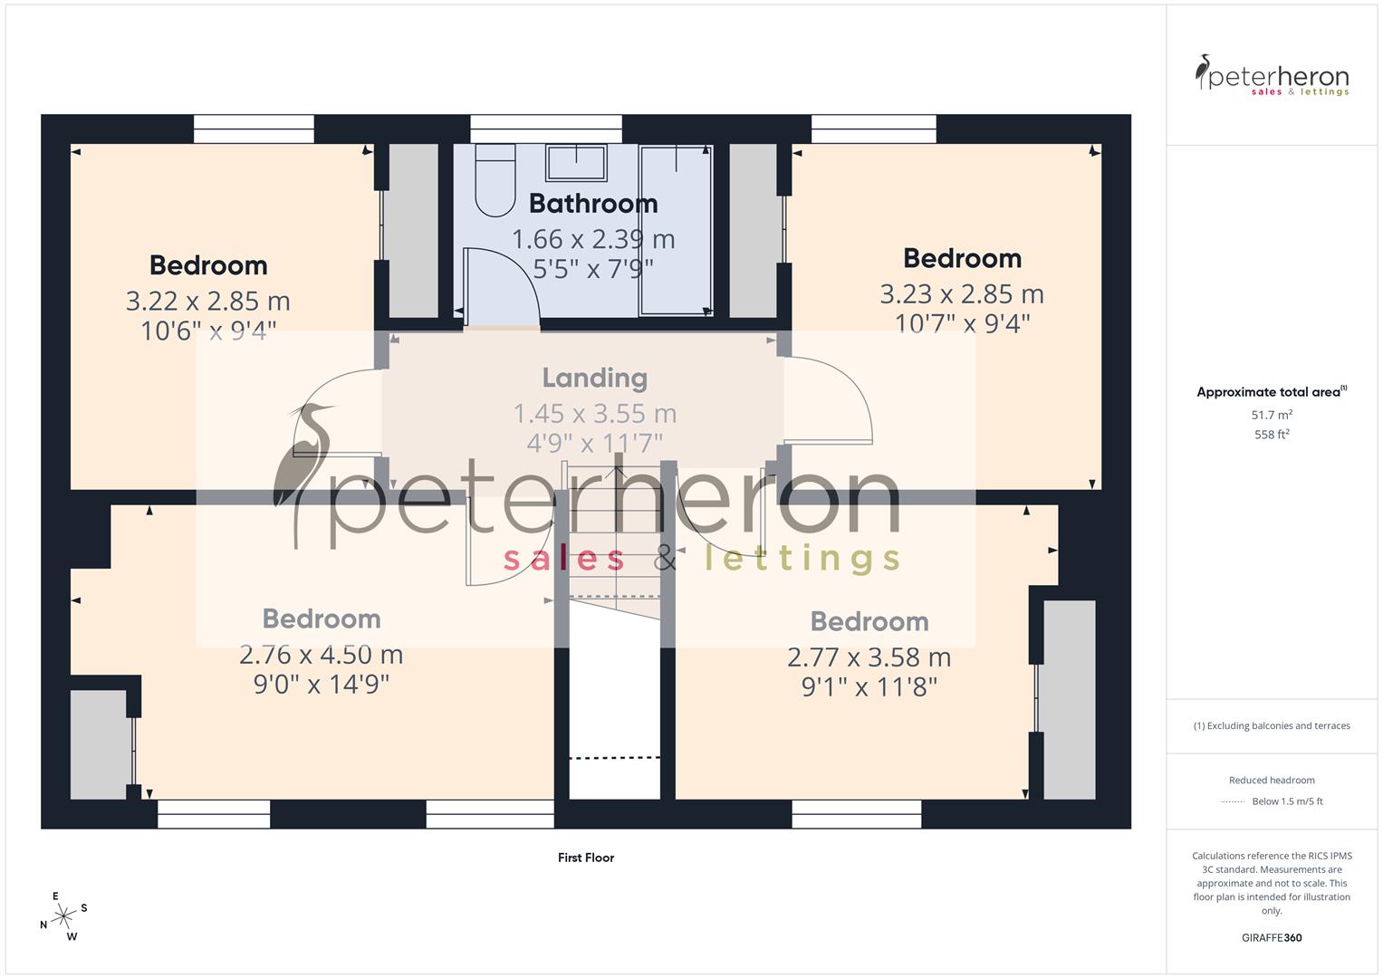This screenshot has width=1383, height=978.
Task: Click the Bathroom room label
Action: click(x=593, y=204)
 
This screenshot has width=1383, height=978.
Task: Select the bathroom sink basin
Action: click(x=575, y=163)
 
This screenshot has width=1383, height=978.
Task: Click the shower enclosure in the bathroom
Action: click(x=676, y=231)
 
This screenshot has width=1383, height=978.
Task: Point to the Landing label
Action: click(x=594, y=378)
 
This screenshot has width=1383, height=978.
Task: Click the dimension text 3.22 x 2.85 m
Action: click(x=207, y=301)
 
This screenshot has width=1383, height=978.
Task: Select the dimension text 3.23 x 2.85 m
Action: click(x=962, y=294)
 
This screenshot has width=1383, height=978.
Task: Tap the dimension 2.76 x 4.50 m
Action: click(x=321, y=654)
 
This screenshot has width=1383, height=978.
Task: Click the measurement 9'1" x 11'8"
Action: click(x=869, y=686)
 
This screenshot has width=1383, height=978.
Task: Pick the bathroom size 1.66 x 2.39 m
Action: click(x=593, y=239)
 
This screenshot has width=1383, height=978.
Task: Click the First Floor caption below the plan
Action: click(x=586, y=858)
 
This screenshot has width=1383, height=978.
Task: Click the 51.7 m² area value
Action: click(x=1272, y=415)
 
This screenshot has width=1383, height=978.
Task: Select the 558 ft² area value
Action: click(x=1272, y=435)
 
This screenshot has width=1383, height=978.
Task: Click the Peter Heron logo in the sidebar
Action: click(x=1272, y=75)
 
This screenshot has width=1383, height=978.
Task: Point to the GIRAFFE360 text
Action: click(x=1272, y=937)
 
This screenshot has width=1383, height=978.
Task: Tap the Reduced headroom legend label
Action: click(x=1272, y=780)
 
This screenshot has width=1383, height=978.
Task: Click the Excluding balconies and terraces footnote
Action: click(x=1272, y=725)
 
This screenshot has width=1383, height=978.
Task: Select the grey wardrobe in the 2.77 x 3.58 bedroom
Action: click(x=1069, y=699)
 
